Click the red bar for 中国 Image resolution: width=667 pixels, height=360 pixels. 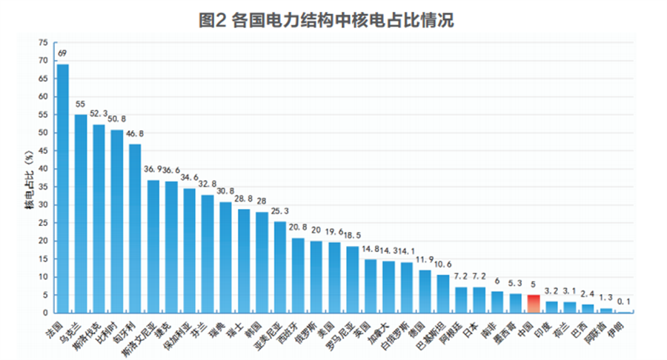534,304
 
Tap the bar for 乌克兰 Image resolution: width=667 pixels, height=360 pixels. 81,214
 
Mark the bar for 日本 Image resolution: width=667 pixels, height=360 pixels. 479,300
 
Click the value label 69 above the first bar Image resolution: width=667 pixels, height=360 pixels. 63,53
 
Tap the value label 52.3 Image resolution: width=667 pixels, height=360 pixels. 99,114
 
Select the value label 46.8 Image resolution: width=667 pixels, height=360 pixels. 136,134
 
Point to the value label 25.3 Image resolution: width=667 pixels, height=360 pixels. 280,211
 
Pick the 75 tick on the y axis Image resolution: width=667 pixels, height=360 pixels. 43,42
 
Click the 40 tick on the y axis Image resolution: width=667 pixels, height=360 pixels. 43,169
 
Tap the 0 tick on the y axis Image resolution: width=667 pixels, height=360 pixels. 45,313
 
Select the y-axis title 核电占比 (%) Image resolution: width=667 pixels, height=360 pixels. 27,178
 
